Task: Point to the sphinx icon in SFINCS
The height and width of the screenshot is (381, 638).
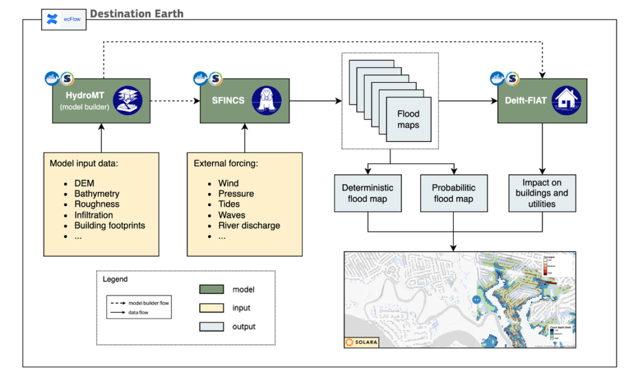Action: (x=266, y=100)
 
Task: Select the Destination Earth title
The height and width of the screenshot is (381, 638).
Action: (x=136, y=14)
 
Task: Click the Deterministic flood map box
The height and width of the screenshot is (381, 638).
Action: (x=368, y=193)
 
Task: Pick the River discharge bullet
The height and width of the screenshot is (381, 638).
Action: (x=249, y=225)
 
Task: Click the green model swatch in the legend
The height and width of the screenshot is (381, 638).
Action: (x=211, y=289)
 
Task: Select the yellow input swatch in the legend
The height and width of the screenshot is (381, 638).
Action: (x=211, y=308)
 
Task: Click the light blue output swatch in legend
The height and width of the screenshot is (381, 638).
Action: (x=211, y=326)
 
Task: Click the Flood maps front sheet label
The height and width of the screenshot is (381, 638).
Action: (x=408, y=119)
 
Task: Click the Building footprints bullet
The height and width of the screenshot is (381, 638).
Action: (x=110, y=225)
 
